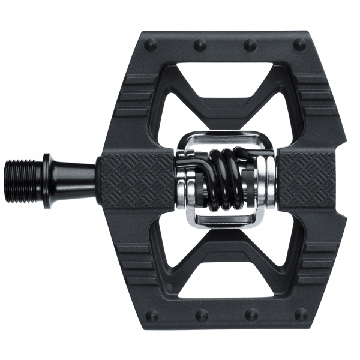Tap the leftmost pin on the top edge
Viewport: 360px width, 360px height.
pos(151,44)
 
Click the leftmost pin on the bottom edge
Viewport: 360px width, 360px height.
pos(151,314)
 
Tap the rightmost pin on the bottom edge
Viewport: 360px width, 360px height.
pos(301,314)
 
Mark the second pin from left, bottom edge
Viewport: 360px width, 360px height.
pos(201,314)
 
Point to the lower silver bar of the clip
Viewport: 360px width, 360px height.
pos(225,221)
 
